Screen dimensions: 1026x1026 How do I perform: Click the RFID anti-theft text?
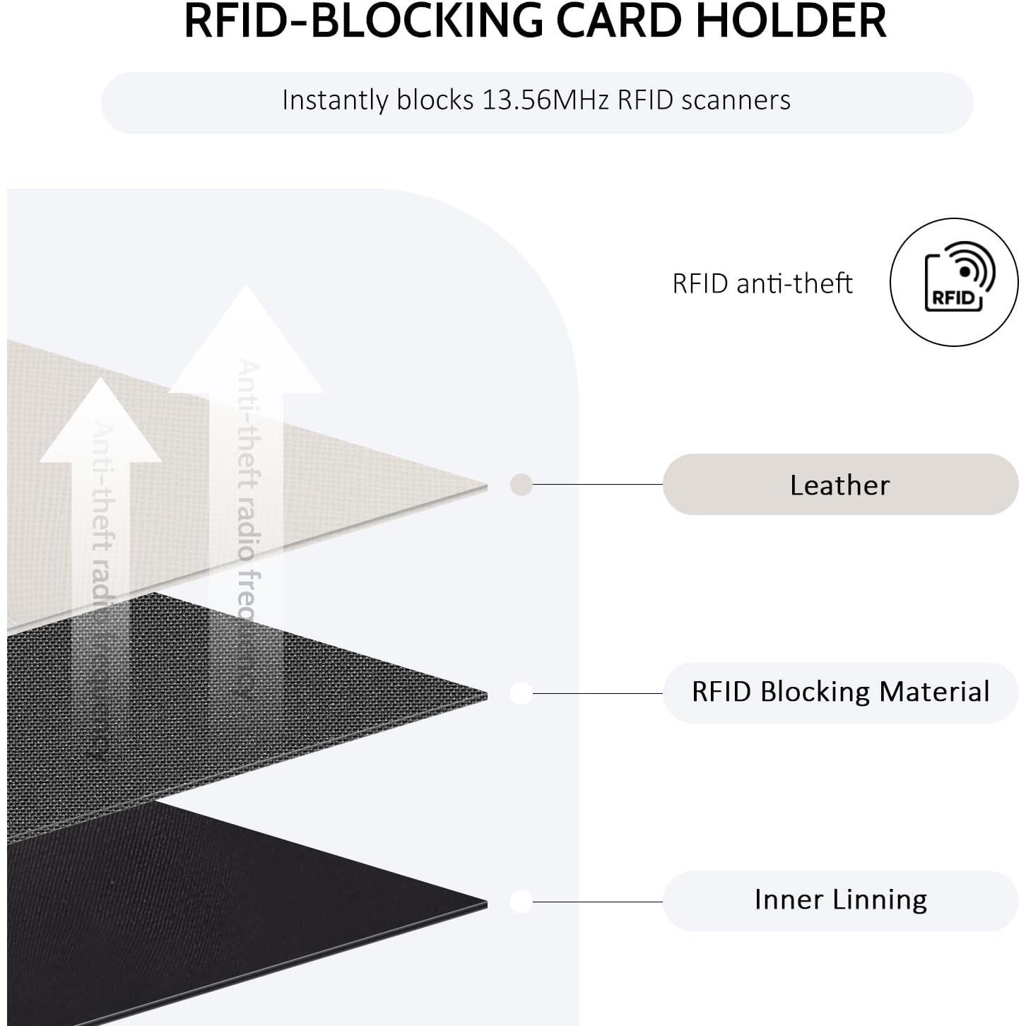[762, 283]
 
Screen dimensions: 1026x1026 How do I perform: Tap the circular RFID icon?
[954, 282]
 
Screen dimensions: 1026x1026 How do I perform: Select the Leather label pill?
[839, 485]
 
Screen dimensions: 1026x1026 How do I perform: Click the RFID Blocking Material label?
[839, 692]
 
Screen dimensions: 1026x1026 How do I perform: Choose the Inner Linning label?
[839, 900]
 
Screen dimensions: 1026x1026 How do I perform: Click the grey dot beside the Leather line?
[521, 485]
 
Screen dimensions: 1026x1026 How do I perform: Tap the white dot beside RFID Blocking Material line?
[521, 693]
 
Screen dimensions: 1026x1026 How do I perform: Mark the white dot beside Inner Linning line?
[521, 902]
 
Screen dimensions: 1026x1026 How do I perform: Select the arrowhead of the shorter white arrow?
[101, 424]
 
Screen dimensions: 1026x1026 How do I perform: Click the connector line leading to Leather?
[597, 485]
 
